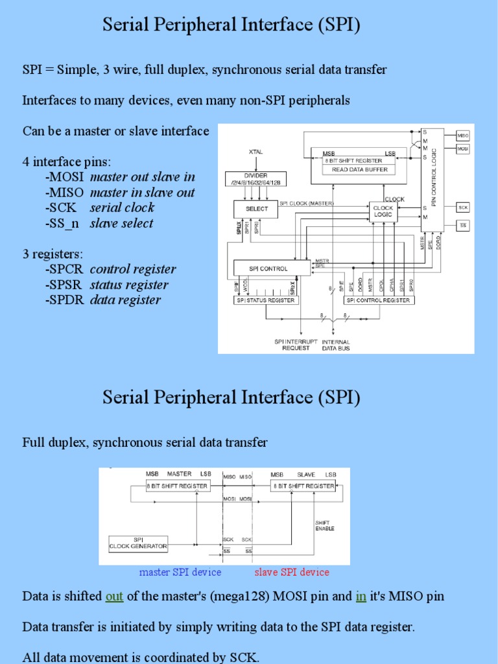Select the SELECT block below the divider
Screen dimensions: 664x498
[255, 209]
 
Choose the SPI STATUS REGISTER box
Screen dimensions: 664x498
[266, 300]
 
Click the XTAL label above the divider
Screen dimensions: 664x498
[255, 152]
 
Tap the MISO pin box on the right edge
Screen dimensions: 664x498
[463, 136]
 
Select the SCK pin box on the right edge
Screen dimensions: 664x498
[463, 207]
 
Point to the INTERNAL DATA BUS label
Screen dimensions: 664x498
[335, 344]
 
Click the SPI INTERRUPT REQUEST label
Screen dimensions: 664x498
[291, 344]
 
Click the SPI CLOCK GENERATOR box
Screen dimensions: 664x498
[138, 543]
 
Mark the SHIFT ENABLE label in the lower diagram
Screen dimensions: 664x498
[324, 525]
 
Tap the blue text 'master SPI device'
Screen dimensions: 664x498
[180, 572]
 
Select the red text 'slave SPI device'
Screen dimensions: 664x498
[291, 572]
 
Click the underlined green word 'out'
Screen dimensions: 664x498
[114, 597]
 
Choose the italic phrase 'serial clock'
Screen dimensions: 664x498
[122, 207]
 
